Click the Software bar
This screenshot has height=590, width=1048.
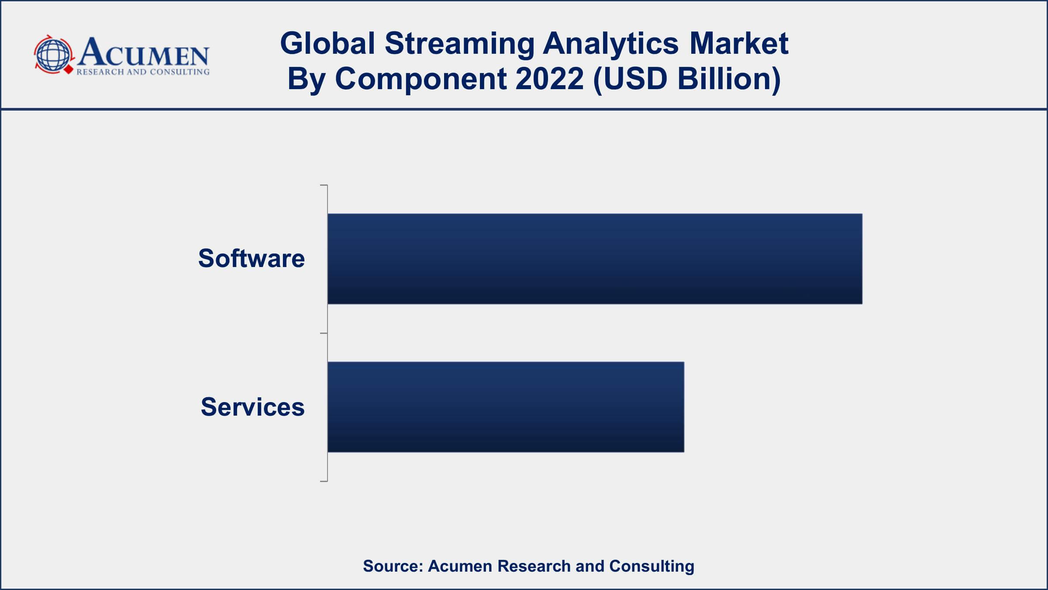(595, 259)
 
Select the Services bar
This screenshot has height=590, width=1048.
(506, 407)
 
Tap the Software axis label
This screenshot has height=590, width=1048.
(252, 258)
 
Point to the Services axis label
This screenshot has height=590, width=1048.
(252, 407)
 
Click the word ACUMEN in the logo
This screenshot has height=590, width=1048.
(143, 52)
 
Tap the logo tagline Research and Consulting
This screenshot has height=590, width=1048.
(143, 72)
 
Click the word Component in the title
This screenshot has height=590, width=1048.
(421, 80)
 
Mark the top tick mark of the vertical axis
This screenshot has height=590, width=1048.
(324, 185)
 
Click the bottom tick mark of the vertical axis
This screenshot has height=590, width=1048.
(324, 481)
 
